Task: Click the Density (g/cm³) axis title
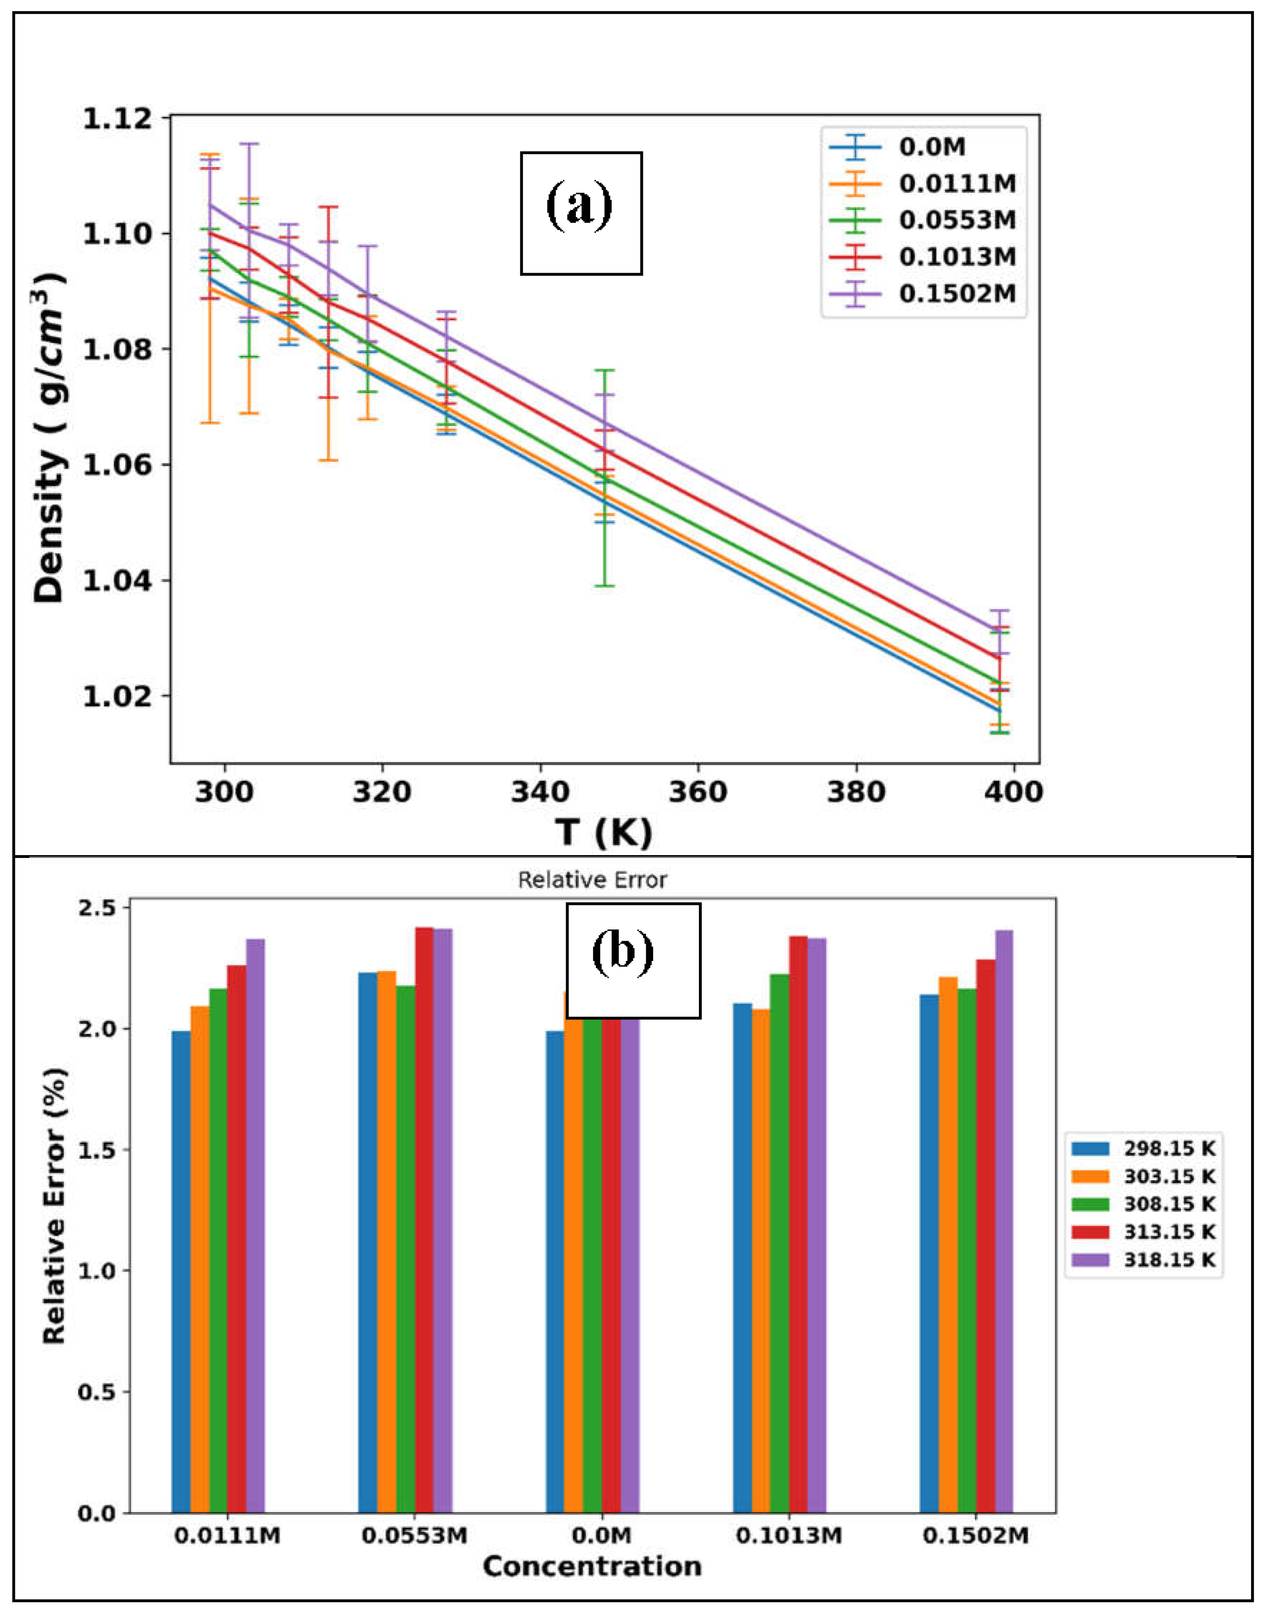[50, 437]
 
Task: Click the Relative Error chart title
[592, 880]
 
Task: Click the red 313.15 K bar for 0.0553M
[424, 1221]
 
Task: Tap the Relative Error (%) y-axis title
[53, 1206]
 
